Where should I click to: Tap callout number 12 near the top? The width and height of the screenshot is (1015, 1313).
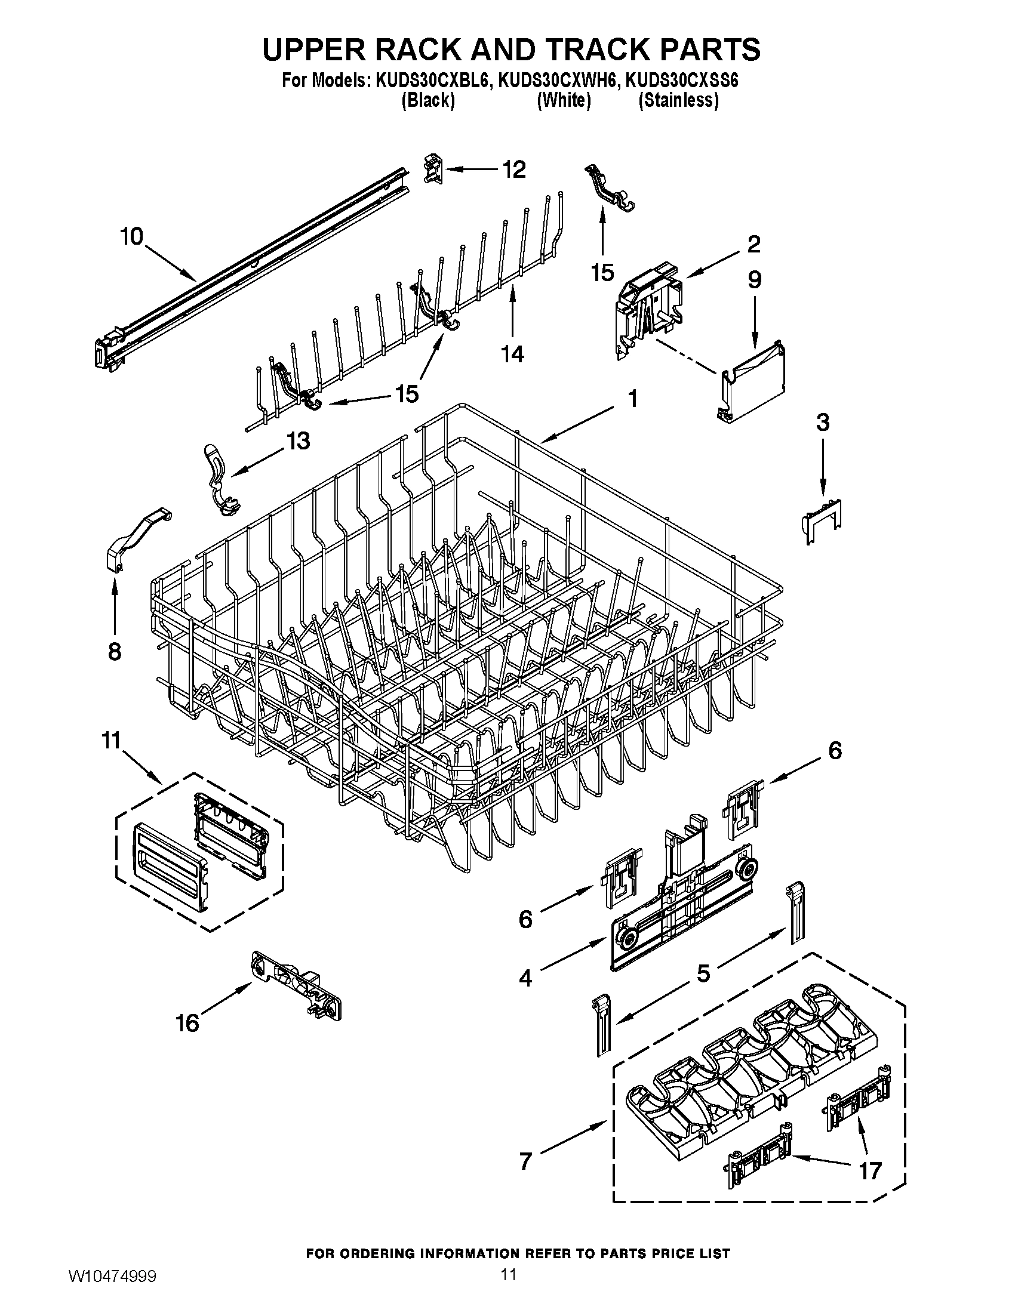513,169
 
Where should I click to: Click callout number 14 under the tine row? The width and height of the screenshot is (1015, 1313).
513,354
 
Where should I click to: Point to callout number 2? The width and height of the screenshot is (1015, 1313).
753,244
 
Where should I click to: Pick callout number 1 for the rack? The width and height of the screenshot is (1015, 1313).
632,398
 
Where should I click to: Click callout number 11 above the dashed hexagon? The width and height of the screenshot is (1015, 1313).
111,740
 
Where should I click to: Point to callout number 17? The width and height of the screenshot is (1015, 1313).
870,1170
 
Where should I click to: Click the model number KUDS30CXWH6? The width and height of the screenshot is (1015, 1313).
558,81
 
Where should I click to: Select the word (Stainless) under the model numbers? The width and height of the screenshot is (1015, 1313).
678,100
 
